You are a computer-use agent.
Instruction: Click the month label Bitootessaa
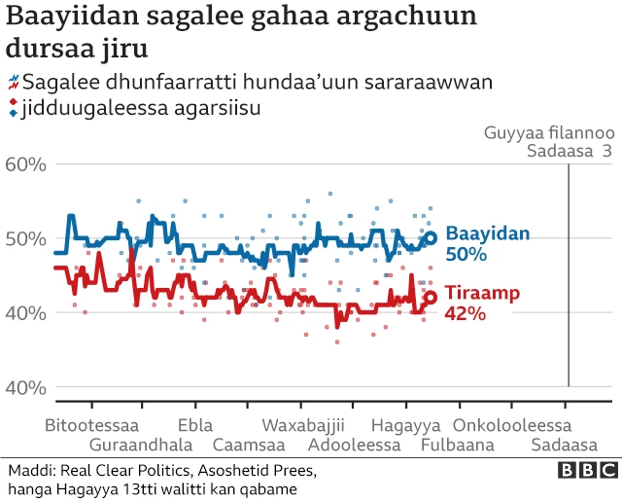[x=91, y=426]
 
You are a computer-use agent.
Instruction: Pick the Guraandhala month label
[x=141, y=445]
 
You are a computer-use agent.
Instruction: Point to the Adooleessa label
[x=354, y=445]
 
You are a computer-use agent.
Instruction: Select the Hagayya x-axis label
[x=406, y=426]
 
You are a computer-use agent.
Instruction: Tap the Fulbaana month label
[x=457, y=445]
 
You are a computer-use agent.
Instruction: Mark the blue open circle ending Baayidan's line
[x=431, y=237]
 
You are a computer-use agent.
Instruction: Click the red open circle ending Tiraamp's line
[x=431, y=298]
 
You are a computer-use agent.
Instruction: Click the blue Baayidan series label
[x=487, y=233]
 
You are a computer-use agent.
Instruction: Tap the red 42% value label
[x=466, y=313]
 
